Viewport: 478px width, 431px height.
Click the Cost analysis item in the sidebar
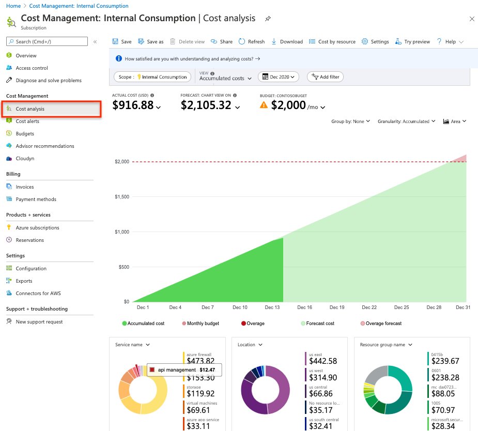click(x=30, y=109)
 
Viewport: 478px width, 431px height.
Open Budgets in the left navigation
click(x=25, y=134)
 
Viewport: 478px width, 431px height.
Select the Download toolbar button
click(x=287, y=42)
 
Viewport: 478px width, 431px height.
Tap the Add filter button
click(x=325, y=77)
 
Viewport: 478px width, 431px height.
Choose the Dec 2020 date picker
click(x=279, y=77)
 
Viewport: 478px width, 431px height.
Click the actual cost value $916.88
click(x=133, y=105)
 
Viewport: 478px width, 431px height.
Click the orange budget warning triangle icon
click(x=264, y=105)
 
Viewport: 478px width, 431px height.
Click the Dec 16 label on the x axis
click(x=305, y=307)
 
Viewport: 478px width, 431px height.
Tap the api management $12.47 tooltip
click(x=184, y=370)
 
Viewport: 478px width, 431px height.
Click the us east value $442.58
click(x=322, y=361)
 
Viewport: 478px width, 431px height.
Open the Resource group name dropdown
click(x=386, y=345)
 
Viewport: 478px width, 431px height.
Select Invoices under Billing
click(x=25, y=187)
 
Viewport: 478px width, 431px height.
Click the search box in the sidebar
click(x=47, y=42)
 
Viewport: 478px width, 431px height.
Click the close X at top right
click(x=471, y=19)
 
